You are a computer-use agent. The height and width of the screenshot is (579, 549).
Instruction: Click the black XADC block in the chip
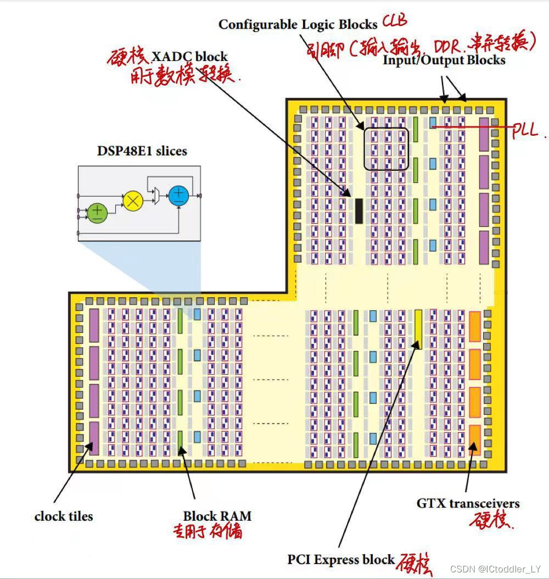pos(359,210)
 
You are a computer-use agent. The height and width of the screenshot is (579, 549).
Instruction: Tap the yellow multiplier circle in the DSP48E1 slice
pos(132,201)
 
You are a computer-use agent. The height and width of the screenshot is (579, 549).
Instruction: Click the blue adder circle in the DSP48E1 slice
pos(178,196)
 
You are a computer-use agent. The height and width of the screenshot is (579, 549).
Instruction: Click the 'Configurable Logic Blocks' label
pos(298,24)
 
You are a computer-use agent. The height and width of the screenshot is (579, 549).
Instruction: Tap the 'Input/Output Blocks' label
pos(444,60)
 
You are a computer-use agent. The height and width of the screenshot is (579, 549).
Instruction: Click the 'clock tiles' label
pos(64,516)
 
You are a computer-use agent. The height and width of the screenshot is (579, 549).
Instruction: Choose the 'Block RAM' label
pos(217,516)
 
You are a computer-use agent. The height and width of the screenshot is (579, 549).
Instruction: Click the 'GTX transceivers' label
pos(468,503)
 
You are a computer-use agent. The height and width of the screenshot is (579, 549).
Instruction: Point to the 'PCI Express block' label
pos(341,559)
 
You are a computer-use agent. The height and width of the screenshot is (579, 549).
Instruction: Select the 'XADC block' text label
pos(189,56)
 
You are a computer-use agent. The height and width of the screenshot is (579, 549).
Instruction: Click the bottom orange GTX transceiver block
pos(475,439)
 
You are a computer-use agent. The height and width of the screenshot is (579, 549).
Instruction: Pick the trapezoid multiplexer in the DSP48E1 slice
pos(156,195)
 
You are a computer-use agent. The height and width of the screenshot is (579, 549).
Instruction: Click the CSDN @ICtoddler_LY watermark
pos(495,569)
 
